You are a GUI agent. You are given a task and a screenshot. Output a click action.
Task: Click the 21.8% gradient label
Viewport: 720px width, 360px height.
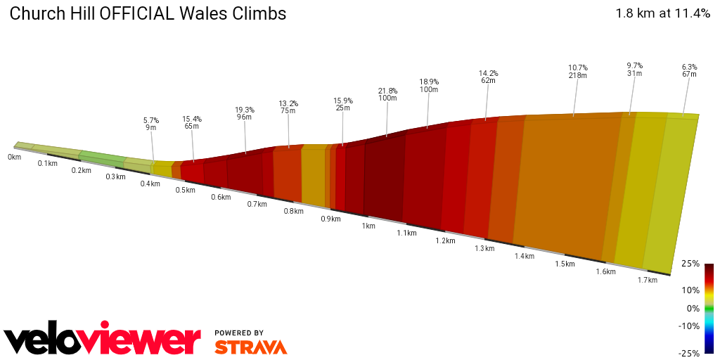[387, 91]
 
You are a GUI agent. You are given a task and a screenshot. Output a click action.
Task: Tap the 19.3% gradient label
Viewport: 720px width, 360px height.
[244, 110]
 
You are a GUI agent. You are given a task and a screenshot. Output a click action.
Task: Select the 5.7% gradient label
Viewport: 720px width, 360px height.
[151, 120]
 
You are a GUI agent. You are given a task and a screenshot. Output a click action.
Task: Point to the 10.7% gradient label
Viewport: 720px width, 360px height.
[578, 67]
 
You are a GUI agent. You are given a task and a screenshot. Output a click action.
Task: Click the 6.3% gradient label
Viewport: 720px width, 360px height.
[689, 67]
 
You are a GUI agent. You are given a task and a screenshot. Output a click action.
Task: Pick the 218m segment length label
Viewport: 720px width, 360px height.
[578, 75]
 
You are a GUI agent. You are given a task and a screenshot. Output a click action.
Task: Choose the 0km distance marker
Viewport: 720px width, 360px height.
[14, 157]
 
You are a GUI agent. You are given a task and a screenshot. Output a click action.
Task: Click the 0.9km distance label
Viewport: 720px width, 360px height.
[330, 219]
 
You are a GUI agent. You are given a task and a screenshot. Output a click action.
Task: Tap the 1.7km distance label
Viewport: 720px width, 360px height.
[647, 280]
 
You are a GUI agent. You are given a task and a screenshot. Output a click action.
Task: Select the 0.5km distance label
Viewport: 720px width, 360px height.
[185, 190]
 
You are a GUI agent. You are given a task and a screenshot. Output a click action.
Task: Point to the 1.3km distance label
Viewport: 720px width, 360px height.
[484, 248]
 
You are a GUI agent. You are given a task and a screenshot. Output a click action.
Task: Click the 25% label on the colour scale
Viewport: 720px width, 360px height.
[691, 264]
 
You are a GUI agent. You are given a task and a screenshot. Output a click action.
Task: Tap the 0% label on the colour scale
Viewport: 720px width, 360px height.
[693, 308]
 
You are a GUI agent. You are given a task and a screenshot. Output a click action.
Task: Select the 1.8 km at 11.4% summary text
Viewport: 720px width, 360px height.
[662, 13]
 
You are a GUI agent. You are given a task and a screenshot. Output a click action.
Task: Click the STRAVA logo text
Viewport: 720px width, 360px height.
[250, 347]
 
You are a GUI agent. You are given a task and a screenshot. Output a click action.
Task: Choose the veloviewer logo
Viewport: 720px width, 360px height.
[103, 340]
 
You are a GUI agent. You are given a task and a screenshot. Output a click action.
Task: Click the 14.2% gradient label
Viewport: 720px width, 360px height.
[488, 73]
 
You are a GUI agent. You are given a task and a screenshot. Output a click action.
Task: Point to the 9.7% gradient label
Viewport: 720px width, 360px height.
[635, 65]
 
